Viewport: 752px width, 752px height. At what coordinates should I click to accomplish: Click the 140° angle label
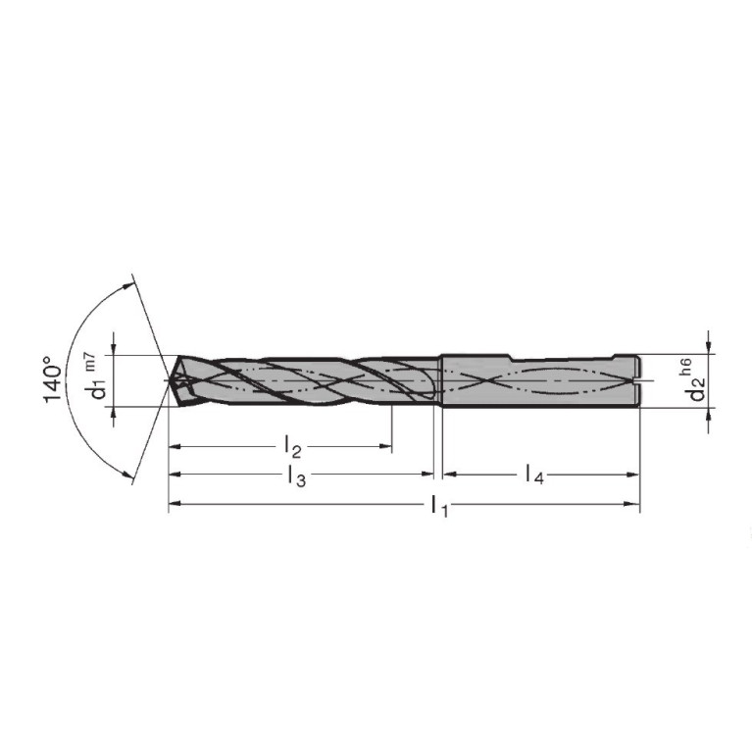click(53, 379)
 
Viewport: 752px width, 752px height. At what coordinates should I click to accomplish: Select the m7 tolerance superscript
click(90, 361)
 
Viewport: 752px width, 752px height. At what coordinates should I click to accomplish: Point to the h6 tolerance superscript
click(686, 366)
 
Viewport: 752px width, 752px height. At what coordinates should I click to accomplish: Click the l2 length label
click(292, 446)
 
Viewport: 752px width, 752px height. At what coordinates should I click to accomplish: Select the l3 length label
click(297, 476)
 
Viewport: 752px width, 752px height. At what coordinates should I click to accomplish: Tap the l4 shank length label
click(534, 475)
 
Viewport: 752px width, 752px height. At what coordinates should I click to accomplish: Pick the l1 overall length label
click(439, 506)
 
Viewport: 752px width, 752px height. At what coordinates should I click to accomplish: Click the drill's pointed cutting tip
click(170, 380)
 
